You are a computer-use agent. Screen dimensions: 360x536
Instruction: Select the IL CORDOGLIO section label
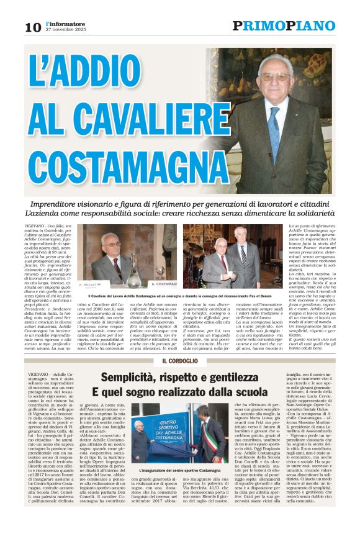point(179,361)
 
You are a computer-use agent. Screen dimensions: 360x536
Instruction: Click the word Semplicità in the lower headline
point(138,377)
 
